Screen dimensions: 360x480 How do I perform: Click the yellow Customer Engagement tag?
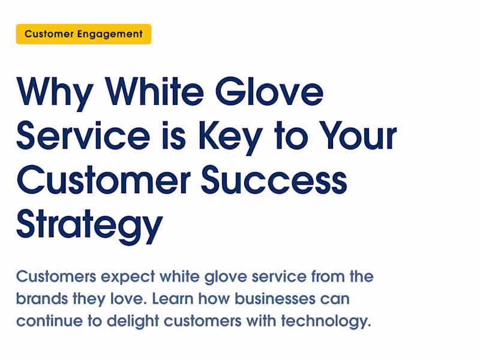coord(83,34)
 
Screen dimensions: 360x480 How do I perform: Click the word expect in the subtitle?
coord(128,277)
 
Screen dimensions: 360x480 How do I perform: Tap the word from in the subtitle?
coord(329,277)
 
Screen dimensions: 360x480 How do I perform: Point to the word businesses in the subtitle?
coord(273,299)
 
